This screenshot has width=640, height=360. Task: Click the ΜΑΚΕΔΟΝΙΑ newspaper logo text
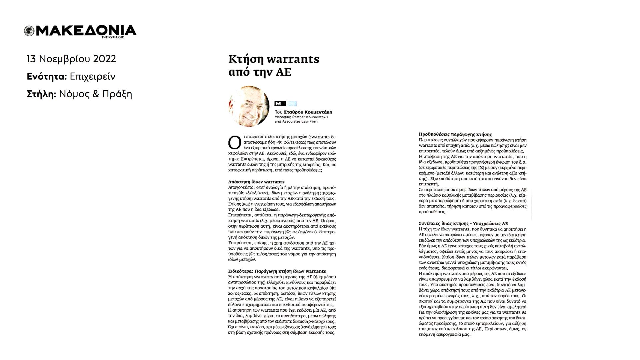point(86,30)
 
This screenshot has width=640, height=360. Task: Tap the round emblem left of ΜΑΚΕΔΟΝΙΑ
point(29,31)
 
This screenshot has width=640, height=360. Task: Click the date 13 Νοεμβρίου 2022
point(71,59)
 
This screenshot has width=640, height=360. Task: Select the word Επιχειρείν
point(93,77)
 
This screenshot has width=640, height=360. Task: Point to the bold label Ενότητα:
point(47,77)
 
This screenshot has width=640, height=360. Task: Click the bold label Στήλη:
point(41,94)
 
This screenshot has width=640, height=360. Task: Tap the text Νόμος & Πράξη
point(96,94)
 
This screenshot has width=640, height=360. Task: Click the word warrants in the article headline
point(294,59)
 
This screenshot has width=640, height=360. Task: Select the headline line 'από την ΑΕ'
point(260,72)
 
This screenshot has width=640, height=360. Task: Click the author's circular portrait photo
point(249,106)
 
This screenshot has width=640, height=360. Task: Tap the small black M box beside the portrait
point(280,104)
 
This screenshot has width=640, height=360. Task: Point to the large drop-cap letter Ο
point(234,142)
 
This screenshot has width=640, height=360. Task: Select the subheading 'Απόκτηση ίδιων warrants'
point(256,182)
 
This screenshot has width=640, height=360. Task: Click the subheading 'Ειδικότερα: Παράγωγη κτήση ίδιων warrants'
point(277,271)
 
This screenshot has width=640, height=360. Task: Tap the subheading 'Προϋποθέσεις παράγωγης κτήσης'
point(455,134)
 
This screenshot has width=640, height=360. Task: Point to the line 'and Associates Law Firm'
point(296,121)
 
